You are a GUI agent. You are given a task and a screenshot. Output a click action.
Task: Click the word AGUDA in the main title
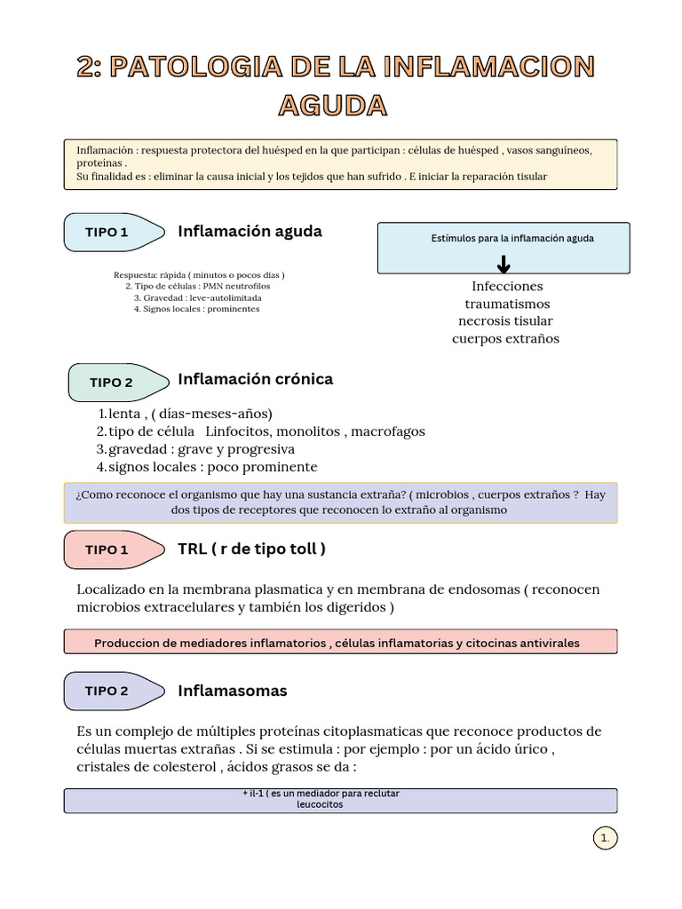(x=333, y=106)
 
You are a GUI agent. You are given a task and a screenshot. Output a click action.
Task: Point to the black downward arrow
(x=504, y=264)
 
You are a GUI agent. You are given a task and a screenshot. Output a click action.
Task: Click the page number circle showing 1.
(x=605, y=838)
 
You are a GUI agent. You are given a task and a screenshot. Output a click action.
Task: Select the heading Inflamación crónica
(x=256, y=379)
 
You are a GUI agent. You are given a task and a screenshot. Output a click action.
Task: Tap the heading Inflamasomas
(x=233, y=691)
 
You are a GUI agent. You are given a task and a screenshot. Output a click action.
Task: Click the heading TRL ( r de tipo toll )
(x=251, y=549)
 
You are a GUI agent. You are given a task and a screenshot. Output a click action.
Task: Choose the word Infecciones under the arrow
(x=507, y=286)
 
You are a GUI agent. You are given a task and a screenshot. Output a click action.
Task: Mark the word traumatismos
(x=507, y=304)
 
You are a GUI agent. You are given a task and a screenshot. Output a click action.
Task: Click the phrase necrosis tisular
(x=505, y=321)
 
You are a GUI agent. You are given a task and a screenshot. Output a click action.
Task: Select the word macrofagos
(x=388, y=431)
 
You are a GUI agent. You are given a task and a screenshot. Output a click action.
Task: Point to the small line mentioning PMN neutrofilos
(x=198, y=287)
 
